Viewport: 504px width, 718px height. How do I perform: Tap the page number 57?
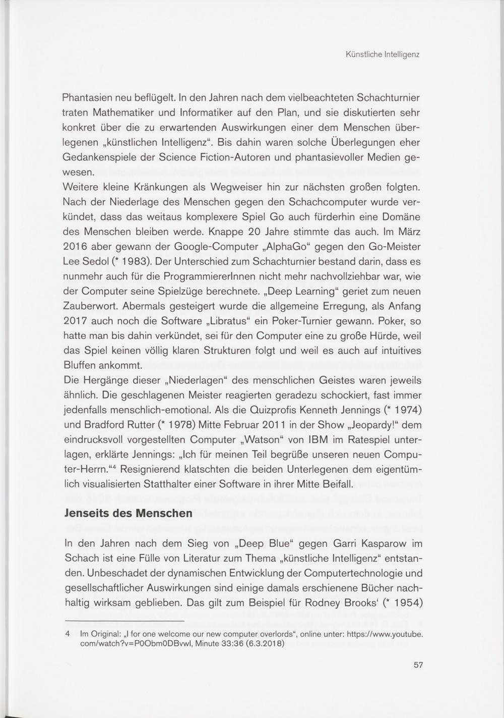pos(418,665)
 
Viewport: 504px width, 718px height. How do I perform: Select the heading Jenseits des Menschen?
pos(129,513)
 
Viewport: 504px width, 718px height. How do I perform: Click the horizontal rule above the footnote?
pos(124,621)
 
